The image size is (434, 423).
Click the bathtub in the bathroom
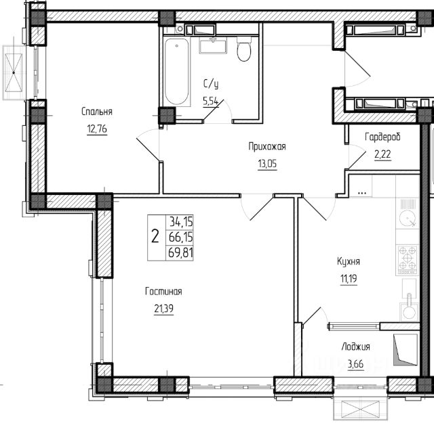click(177, 71)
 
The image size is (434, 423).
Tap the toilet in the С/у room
click(244, 49)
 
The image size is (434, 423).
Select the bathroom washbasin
click(213, 45)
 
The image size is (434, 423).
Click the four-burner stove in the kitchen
click(408, 259)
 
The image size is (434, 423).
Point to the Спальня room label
click(97, 112)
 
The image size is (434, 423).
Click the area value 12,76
click(97, 129)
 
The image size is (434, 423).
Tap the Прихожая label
click(267, 146)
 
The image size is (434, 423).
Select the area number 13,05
click(267, 164)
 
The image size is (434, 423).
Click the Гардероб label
click(382, 137)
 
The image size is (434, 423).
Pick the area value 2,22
click(382, 154)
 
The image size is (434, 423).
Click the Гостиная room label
click(163, 292)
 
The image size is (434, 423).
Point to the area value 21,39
click(164, 309)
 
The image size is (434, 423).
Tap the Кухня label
click(349, 261)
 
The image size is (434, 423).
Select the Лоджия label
click(356, 347)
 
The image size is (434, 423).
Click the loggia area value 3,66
click(355, 364)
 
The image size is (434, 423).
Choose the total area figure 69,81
click(180, 253)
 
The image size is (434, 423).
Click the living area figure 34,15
click(181, 221)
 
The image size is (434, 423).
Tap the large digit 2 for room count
click(155, 237)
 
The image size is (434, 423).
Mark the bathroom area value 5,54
click(211, 102)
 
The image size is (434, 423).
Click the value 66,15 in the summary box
click(180, 237)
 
